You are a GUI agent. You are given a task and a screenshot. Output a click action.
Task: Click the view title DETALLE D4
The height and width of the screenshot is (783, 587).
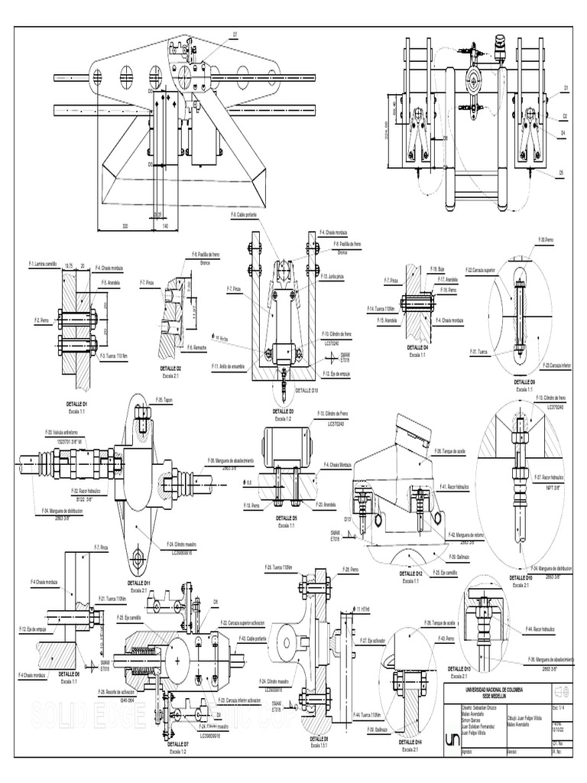coord(417,347)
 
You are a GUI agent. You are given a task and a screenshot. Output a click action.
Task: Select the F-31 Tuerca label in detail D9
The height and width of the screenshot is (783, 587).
coord(482,352)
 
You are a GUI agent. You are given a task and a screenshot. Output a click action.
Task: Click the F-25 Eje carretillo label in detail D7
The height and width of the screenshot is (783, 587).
coord(130,616)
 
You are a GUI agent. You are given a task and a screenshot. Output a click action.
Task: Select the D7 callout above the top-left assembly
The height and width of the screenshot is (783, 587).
coord(235,34)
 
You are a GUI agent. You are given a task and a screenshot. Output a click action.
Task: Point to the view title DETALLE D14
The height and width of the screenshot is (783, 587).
coord(409,742)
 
